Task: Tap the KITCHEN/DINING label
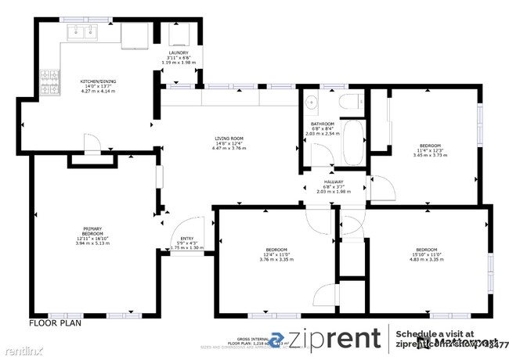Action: point(98,81)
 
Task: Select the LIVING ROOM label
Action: point(230,139)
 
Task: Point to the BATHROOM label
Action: point(322,124)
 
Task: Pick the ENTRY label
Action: point(186,239)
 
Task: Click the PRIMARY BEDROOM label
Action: point(92,232)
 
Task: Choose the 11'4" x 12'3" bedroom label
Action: point(429,146)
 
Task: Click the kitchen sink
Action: point(82,32)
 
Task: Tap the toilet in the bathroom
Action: point(350,99)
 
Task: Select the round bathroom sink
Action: point(311,103)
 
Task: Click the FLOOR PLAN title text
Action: point(55,322)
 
